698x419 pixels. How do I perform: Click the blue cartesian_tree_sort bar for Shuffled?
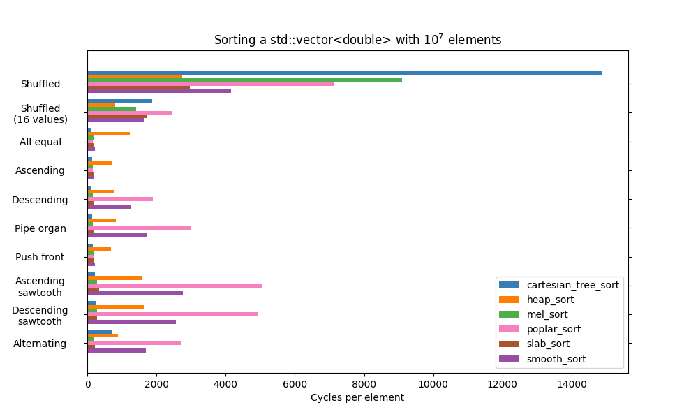345,73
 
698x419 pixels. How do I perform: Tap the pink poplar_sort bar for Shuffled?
211,84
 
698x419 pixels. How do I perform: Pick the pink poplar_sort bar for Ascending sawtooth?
174,286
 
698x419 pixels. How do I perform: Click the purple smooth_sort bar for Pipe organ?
117,235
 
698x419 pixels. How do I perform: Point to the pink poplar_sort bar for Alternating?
134,343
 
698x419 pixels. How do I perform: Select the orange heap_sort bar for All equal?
108,133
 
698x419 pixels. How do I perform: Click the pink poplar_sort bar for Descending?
120,199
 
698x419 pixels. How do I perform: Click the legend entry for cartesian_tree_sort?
572,285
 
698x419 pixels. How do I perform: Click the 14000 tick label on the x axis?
572,383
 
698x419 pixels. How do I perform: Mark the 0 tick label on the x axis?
87,383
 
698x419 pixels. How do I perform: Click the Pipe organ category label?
40,228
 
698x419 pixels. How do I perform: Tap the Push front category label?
40,257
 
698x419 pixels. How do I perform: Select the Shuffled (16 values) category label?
40,114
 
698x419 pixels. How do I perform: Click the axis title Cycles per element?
357,398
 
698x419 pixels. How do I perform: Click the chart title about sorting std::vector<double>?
357,40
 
